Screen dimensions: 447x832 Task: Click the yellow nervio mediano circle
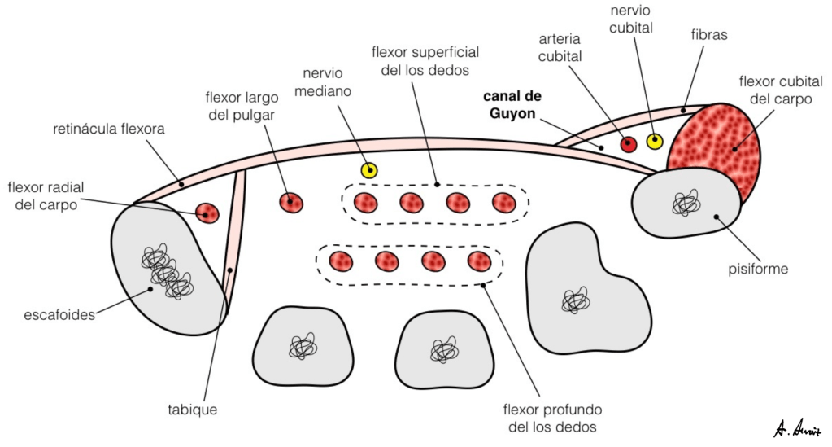(370, 170)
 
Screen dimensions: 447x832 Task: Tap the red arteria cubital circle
(628, 144)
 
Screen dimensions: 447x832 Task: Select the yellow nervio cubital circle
(655, 142)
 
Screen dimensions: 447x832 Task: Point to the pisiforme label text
(758, 269)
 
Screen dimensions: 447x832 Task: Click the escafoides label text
(61, 314)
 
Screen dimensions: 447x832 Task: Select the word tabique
(193, 410)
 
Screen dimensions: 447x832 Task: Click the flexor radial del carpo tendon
(208, 213)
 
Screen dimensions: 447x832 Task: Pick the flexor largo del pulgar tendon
(290, 201)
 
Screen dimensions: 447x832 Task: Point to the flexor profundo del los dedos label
(552, 417)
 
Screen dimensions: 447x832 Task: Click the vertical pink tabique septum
(233, 244)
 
